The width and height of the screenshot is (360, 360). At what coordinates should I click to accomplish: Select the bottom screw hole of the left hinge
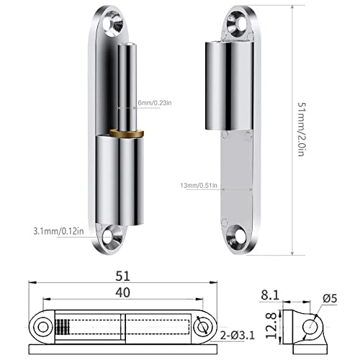pyautogui.click(x=111, y=235)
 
